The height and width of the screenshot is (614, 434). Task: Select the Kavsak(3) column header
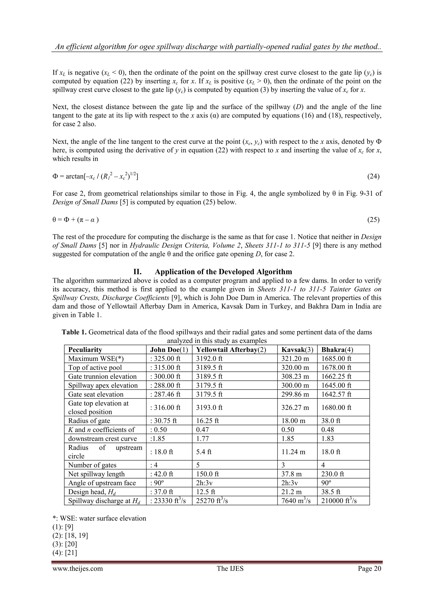click(297, 350)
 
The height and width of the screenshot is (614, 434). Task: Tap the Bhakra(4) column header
click(337, 350)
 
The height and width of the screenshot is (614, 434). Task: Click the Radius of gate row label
click(89, 421)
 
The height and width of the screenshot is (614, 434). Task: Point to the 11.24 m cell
click(293, 452)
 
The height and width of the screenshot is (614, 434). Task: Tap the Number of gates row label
click(92, 465)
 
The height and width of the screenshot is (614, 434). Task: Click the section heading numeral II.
click(137, 272)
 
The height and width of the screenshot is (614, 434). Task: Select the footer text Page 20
click(369, 568)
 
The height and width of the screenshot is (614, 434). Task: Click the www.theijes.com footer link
click(78, 568)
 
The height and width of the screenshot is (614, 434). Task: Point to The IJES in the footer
click(230, 568)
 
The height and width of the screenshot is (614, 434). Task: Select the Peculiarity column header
click(85, 350)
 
